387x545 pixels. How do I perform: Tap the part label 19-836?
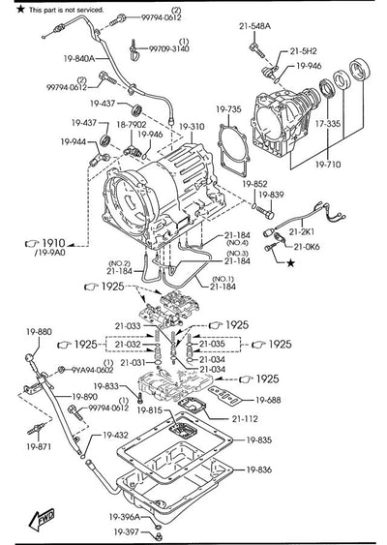259,469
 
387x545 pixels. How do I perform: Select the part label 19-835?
259,440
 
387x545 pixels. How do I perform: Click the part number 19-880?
38,332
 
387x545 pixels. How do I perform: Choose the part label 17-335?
328,124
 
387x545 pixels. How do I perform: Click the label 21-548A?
256,26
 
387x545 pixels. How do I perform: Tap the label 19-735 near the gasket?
227,109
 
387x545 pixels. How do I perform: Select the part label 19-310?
192,127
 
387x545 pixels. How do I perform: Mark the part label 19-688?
268,399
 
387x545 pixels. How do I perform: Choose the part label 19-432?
114,436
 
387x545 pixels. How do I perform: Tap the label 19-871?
40,448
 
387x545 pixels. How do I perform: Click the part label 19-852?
254,182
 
